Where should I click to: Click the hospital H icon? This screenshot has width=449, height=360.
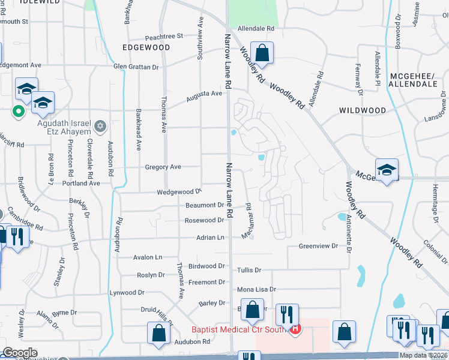pyautogui.click(x=295, y=329)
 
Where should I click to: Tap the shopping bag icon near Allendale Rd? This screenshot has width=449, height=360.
pyautogui.click(x=262, y=53)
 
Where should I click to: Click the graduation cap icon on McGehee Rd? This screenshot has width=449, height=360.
pyautogui.click(x=387, y=170)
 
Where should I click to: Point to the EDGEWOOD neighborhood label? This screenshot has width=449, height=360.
pyautogui.click(x=146, y=46)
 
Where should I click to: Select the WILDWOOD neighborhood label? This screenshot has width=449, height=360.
pyautogui.click(x=362, y=110)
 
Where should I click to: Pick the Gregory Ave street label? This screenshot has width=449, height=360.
pyautogui.click(x=163, y=167)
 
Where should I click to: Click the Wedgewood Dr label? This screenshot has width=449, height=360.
pyautogui.click(x=179, y=191)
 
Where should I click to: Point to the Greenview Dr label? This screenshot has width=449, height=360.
pyautogui.click(x=319, y=246)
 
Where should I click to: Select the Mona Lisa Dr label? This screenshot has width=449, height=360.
pyautogui.click(x=256, y=289)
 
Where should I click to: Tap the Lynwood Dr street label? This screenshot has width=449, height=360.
pyautogui.click(x=127, y=293)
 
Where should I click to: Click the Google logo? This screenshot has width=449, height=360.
pyautogui.click(x=20, y=352)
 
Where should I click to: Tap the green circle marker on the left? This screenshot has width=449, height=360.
pyautogui.click(x=18, y=110)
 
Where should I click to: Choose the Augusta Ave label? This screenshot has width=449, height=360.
pyautogui.click(x=204, y=94)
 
